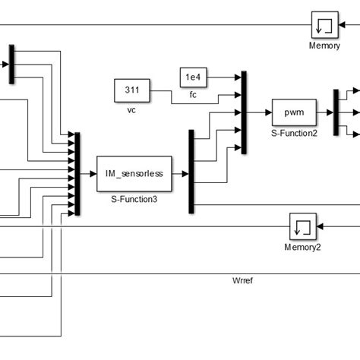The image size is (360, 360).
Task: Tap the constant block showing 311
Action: point(131,90)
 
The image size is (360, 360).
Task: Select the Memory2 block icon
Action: point(302,227)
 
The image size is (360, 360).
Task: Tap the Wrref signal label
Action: point(242,280)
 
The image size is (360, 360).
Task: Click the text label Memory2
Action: point(302,247)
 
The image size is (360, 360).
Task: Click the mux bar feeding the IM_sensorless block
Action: point(77,173)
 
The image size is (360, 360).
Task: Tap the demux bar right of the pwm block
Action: point(336,112)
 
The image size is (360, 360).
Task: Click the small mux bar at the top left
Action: point(11,64)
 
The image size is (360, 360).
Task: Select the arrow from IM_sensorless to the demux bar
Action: point(181,173)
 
